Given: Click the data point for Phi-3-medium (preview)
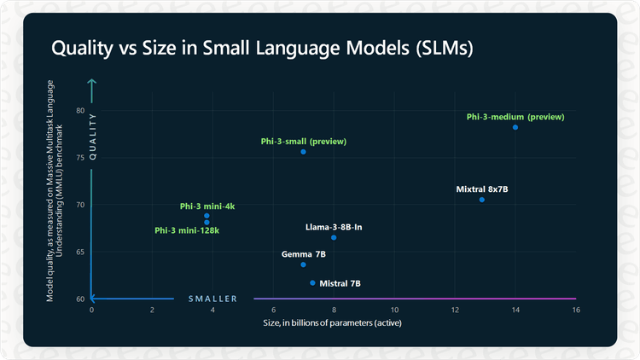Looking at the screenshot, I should pyautogui.click(x=515, y=127).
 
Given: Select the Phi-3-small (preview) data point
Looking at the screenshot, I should pyautogui.click(x=303, y=152).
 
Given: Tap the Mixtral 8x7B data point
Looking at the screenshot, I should pyautogui.click(x=482, y=200).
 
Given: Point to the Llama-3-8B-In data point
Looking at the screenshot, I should pyautogui.click(x=334, y=237).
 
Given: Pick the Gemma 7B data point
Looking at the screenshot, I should pyautogui.click(x=303, y=264).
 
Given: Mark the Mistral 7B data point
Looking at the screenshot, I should pyautogui.click(x=312, y=282).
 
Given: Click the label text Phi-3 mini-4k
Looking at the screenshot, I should pyautogui.click(x=207, y=206).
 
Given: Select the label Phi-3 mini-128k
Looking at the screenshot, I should pyautogui.click(x=187, y=230).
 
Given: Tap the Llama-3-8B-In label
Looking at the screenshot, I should pyautogui.click(x=334, y=227).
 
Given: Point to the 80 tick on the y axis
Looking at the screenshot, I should pyautogui.click(x=79, y=111).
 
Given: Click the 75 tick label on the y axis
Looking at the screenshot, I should pyautogui.click(x=79, y=158).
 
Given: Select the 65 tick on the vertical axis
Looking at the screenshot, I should pyautogui.click(x=79, y=252).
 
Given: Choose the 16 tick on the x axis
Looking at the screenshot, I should pyautogui.click(x=576, y=310).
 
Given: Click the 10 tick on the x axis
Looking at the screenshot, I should pyautogui.click(x=394, y=310).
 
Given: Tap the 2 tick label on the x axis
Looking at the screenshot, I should pyautogui.click(x=152, y=310).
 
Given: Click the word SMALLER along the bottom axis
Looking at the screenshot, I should pyautogui.click(x=212, y=299).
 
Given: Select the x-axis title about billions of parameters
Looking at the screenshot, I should pyautogui.click(x=334, y=323).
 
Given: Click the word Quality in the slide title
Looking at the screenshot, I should pyautogui.click(x=84, y=49).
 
